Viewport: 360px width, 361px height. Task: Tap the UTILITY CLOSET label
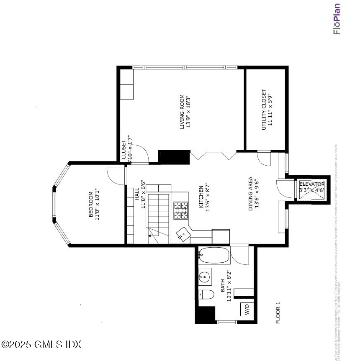pyautogui.click(x=264, y=110)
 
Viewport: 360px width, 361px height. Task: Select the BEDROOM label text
pyautogui.click(x=91, y=204)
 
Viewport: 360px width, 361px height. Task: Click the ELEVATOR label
pyautogui.click(x=311, y=184)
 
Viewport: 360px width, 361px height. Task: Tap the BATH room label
pyautogui.click(x=223, y=286)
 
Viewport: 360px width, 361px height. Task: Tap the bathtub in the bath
pyautogui.click(x=214, y=255)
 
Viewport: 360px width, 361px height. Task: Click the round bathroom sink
pyautogui.click(x=205, y=277)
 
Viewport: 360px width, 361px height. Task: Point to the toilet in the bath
pyautogui.click(x=205, y=295)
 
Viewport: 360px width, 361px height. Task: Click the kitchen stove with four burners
pyautogui.click(x=181, y=210)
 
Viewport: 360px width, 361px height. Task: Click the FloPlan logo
pyautogui.click(x=337, y=19)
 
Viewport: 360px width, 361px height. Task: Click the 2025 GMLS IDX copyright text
pyautogui.click(x=41, y=345)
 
